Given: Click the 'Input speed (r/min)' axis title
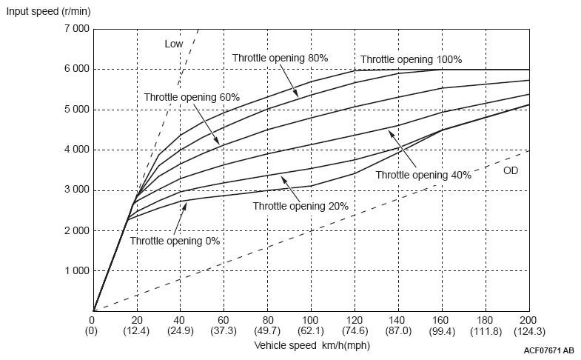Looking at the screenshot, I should (x=48, y=11).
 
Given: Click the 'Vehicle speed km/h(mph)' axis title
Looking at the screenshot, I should (x=312, y=345).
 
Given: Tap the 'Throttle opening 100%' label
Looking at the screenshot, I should (x=412, y=59).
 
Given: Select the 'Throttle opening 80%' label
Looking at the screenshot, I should (x=280, y=57).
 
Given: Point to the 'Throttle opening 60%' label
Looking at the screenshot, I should (x=192, y=97).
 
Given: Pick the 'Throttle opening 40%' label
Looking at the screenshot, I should (x=423, y=175).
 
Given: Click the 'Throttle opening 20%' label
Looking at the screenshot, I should (x=300, y=206).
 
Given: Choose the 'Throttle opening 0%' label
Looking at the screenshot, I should (x=175, y=240).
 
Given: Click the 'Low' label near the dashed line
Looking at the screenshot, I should (x=174, y=44).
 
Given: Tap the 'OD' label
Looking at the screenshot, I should (x=511, y=170).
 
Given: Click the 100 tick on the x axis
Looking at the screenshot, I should (x=311, y=321).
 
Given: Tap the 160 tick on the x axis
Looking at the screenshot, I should (x=442, y=321).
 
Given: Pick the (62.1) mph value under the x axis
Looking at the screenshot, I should (x=311, y=331).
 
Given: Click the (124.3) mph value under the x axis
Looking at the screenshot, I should (x=529, y=331).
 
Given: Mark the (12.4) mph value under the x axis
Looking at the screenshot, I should (x=137, y=331).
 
